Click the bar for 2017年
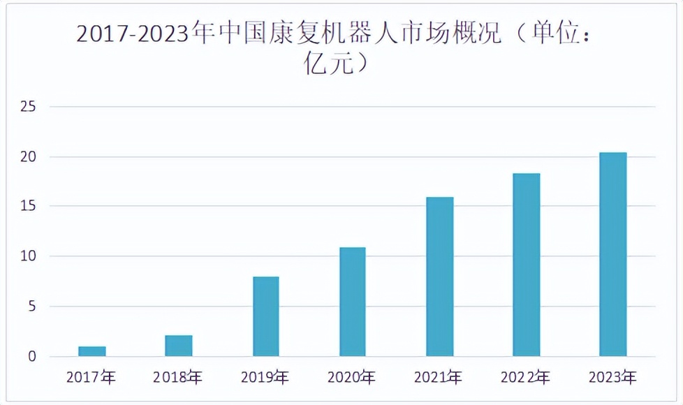(x=92, y=351)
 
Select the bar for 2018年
(x=179, y=346)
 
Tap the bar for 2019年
(x=265, y=316)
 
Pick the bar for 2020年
(x=352, y=302)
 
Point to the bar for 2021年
(x=439, y=277)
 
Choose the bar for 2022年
(x=526, y=265)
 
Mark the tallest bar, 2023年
(x=612, y=254)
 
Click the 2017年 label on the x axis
(x=91, y=378)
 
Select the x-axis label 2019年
(x=265, y=378)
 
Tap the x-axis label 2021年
(x=439, y=378)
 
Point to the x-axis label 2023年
(x=612, y=378)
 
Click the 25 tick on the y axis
(x=28, y=107)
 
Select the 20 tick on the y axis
(x=28, y=157)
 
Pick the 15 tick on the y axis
(x=28, y=207)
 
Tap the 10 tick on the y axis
(x=28, y=257)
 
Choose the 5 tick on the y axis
(x=32, y=307)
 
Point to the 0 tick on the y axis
(x=32, y=357)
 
